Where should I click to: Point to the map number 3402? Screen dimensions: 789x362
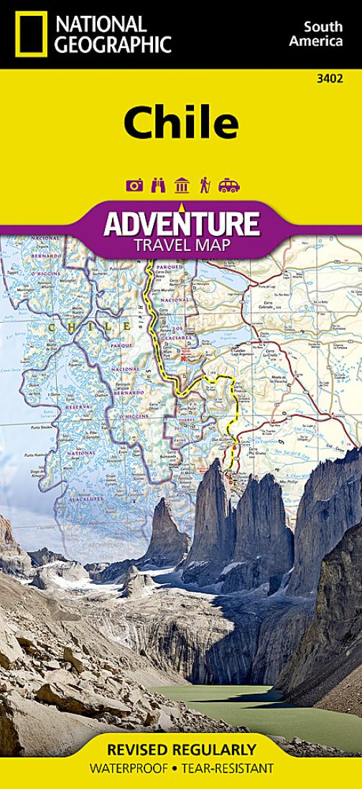343,77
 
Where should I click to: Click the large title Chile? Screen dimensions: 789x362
181,123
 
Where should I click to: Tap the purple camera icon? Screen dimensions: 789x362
134,186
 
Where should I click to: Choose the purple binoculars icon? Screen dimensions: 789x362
158,185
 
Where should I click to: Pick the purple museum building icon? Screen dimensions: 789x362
182,185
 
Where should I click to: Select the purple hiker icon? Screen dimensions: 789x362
205,185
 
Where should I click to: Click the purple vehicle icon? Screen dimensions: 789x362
228,186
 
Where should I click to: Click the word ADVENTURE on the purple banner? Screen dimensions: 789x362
181,223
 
